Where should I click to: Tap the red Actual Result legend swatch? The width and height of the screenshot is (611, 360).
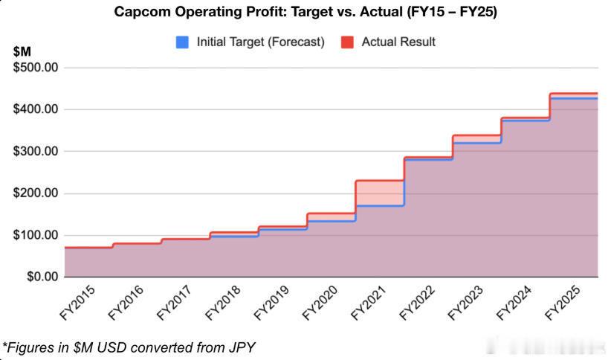point(347,42)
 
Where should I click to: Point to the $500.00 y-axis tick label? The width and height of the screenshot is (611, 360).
point(37,68)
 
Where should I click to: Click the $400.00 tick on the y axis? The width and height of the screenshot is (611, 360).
point(37,109)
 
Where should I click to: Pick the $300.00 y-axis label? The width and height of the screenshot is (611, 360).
point(37,151)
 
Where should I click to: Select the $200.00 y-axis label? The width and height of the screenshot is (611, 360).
point(37,193)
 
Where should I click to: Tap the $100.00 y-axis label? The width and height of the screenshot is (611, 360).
point(37,235)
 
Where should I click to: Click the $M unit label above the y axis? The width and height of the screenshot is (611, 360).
point(23,52)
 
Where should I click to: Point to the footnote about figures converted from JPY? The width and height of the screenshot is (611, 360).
point(130,347)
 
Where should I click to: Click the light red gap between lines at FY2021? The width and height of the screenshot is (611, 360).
point(379,193)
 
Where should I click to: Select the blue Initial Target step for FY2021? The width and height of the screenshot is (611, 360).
point(379,205)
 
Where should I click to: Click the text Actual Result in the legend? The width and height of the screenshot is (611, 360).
point(398,42)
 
